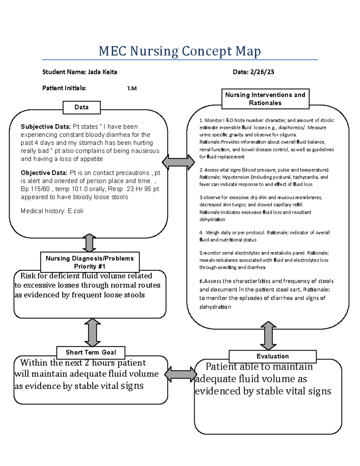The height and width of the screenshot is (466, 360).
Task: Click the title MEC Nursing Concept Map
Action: coord(180,51)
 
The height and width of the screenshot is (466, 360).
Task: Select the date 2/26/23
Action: coord(262,72)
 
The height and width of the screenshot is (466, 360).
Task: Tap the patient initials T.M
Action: coord(132,89)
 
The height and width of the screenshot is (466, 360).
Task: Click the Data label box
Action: coord(82,107)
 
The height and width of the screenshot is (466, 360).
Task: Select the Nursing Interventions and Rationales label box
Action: coord(265,99)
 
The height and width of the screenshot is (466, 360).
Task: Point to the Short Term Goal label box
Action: coord(91,353)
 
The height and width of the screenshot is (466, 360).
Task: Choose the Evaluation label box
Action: coord(272,356)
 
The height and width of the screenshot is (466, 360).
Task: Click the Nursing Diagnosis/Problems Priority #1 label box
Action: coord(90,262)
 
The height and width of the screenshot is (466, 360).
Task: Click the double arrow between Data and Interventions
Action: coord(178,162)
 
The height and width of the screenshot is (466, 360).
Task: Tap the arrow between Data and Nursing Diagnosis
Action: coord(89,243)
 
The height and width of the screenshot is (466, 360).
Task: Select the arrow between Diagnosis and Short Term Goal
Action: coord(92,332)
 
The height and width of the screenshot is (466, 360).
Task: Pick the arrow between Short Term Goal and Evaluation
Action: coord(181,374)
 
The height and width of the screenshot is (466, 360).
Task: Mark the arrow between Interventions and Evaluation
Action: coord(268,335)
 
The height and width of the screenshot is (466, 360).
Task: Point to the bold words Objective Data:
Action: coord(44,173)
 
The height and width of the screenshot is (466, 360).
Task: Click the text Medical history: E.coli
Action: coord(52,211)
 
